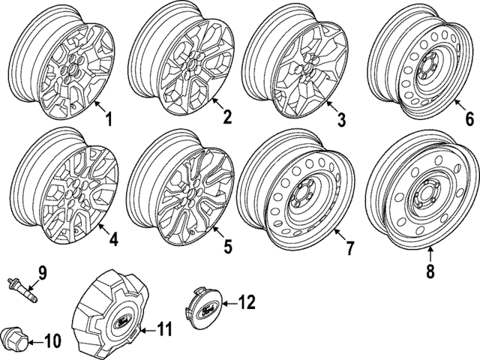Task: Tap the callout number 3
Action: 341,119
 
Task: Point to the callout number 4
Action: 113,241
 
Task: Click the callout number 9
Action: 42,271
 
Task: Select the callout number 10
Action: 51,342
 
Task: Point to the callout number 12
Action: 247,302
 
